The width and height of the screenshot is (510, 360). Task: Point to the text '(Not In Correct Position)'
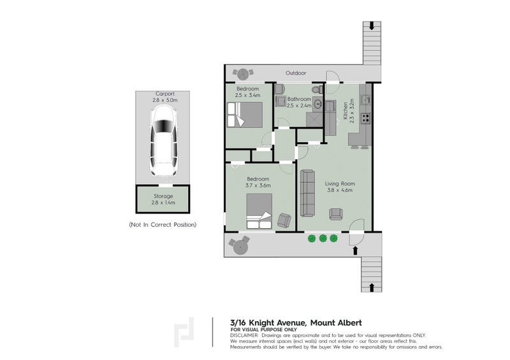pos(163,225)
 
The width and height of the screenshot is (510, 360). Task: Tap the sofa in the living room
pos(308,193)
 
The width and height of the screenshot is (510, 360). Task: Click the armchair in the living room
pos(335,214)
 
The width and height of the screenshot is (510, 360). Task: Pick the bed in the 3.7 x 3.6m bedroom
pos(259,212)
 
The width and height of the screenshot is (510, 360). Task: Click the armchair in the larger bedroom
pos(284,220)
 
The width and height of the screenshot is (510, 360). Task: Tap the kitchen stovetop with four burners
pos(366,118)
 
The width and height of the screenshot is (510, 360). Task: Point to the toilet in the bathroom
pos(317,90)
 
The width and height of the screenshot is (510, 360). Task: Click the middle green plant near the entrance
pos(323,238)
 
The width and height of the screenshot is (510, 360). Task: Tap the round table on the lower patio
pos(240,244)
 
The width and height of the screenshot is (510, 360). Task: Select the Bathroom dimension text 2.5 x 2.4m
pos(298,106)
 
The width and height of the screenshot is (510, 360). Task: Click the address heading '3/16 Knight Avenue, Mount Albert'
pos(296,322)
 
